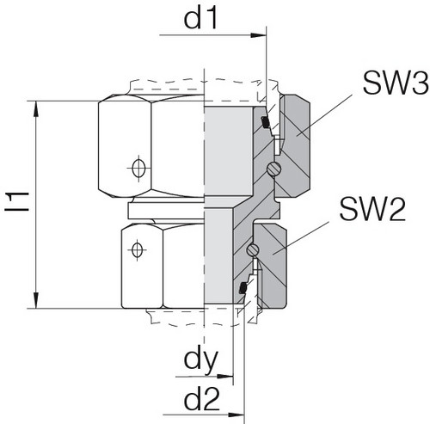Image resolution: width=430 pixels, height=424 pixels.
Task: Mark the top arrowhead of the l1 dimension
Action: (x=35, y=106)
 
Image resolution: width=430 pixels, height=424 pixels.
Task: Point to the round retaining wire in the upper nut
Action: (x=273, y=168)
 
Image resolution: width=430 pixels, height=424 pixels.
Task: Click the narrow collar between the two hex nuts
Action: (x=163, y=210)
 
